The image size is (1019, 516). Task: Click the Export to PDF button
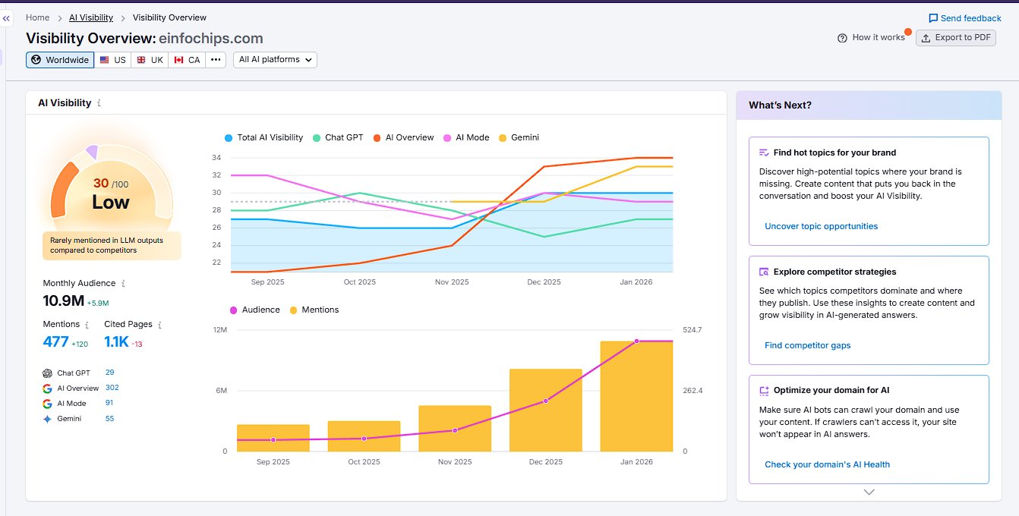coord(955,38)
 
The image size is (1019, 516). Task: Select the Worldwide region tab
coord(60,60)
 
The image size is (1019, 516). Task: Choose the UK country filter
coord(150,60)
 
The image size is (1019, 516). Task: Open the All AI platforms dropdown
coord(275,60)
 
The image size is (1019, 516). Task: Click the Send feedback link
coord(965,18)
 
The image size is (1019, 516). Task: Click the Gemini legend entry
coord(519,138)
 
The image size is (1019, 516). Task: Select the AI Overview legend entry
coord(403,138)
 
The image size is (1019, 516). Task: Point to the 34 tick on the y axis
coord(216,158)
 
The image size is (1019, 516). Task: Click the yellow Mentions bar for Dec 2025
coord(545,410)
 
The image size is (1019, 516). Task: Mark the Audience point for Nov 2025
coord(455,430)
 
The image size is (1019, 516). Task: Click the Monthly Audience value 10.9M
coord(64,300)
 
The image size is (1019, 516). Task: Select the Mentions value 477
coord(55,342)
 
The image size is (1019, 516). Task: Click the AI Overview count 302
coord(112,388)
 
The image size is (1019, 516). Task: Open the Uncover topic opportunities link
coord(821,226)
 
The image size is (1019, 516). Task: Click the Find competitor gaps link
coord(807,345)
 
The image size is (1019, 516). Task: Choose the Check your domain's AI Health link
coord(827,464)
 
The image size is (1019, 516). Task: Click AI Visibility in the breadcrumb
coord(91,17)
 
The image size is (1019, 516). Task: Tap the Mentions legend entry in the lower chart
coord(314,310)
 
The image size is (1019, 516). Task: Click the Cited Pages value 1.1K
coord(117,342)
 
